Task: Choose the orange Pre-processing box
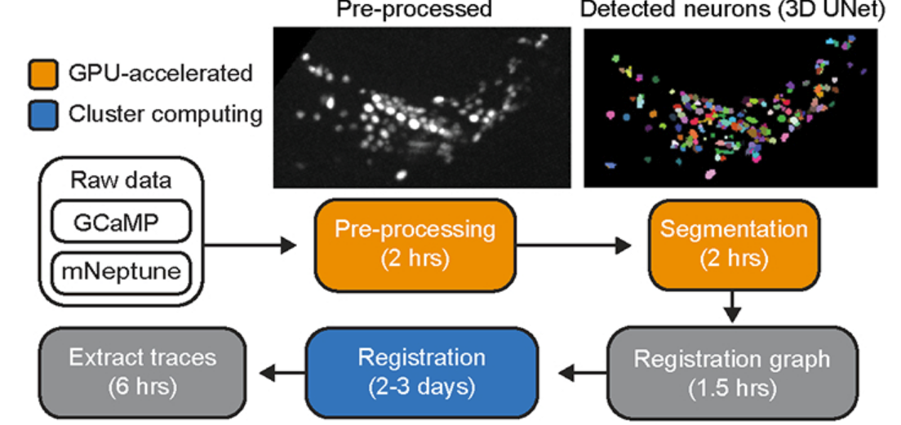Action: click(x=415, y=243)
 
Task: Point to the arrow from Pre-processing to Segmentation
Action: click(x=571, y=243)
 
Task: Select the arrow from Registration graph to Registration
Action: click(x=580, y=374)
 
